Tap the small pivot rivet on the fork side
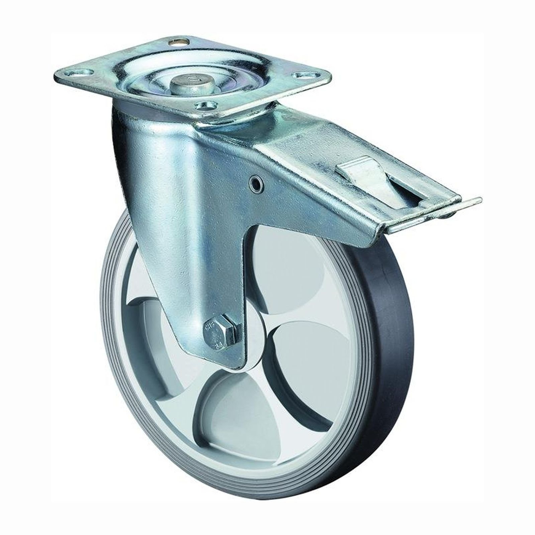pos(257,183)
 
